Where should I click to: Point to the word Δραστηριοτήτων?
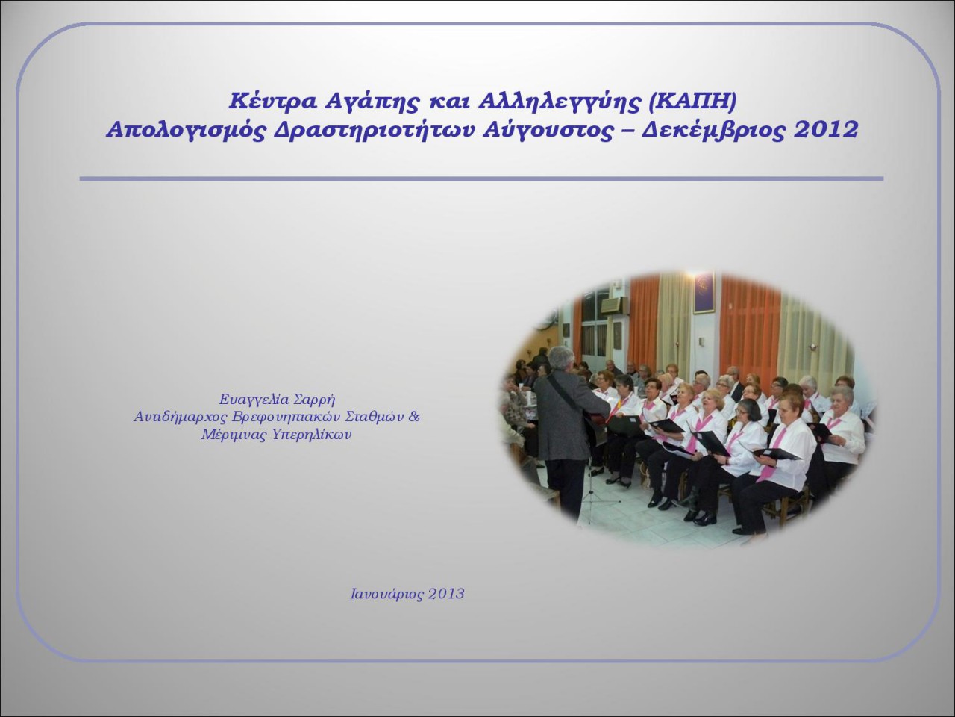pos(374,131)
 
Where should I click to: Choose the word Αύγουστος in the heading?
pos(548,131)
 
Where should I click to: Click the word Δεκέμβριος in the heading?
pos(713,131)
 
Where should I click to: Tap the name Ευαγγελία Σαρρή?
pos(277,399)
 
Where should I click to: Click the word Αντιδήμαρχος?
pos(180,417)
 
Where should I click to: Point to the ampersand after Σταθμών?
pos(414,416)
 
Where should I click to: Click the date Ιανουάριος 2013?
pos(407,594)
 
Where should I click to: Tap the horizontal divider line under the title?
pos(481,179)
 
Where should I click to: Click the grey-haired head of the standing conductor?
pos(561,358)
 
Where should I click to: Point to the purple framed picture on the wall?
pos(704,293)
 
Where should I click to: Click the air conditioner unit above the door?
pos(615,306)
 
